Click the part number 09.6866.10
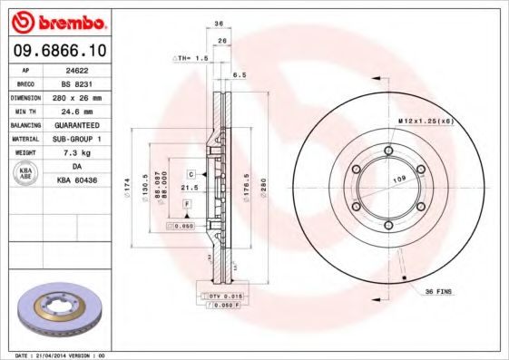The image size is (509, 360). click(x=55, y=50)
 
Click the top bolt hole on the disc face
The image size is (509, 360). click(x=388, y=151)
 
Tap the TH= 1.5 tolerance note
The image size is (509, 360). click(x=191, y=57)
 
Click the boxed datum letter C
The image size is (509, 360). click(x=192, y=172)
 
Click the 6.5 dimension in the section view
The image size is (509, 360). click(x=240, y=75)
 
